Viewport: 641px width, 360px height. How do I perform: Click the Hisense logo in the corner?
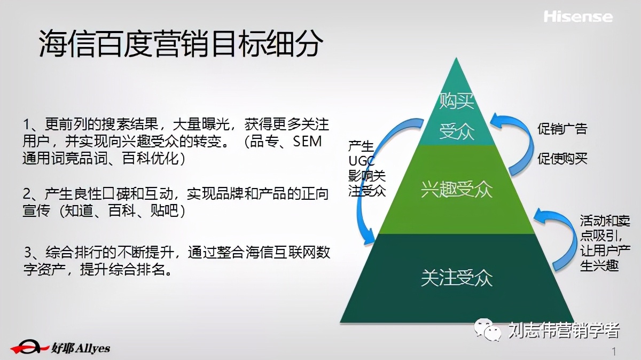coord(578,17)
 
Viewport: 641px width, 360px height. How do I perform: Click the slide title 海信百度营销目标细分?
coord(181,44)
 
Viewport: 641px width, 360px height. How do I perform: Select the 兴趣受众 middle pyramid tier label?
coord(457,190)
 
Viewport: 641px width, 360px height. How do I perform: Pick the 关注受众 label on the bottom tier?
coord(457,278)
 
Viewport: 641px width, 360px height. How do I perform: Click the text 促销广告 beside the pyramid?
coord(562,129)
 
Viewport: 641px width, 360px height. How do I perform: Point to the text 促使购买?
coord(562,159)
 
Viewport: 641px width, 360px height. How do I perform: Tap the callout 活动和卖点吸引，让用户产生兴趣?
coord(605,244)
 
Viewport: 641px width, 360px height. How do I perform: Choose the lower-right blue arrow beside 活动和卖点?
coord(556,240)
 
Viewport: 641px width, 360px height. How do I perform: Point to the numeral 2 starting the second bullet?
coord(27,193)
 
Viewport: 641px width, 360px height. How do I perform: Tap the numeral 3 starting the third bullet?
coord(28,252)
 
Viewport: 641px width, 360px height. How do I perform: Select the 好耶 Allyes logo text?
coord(81,348)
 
